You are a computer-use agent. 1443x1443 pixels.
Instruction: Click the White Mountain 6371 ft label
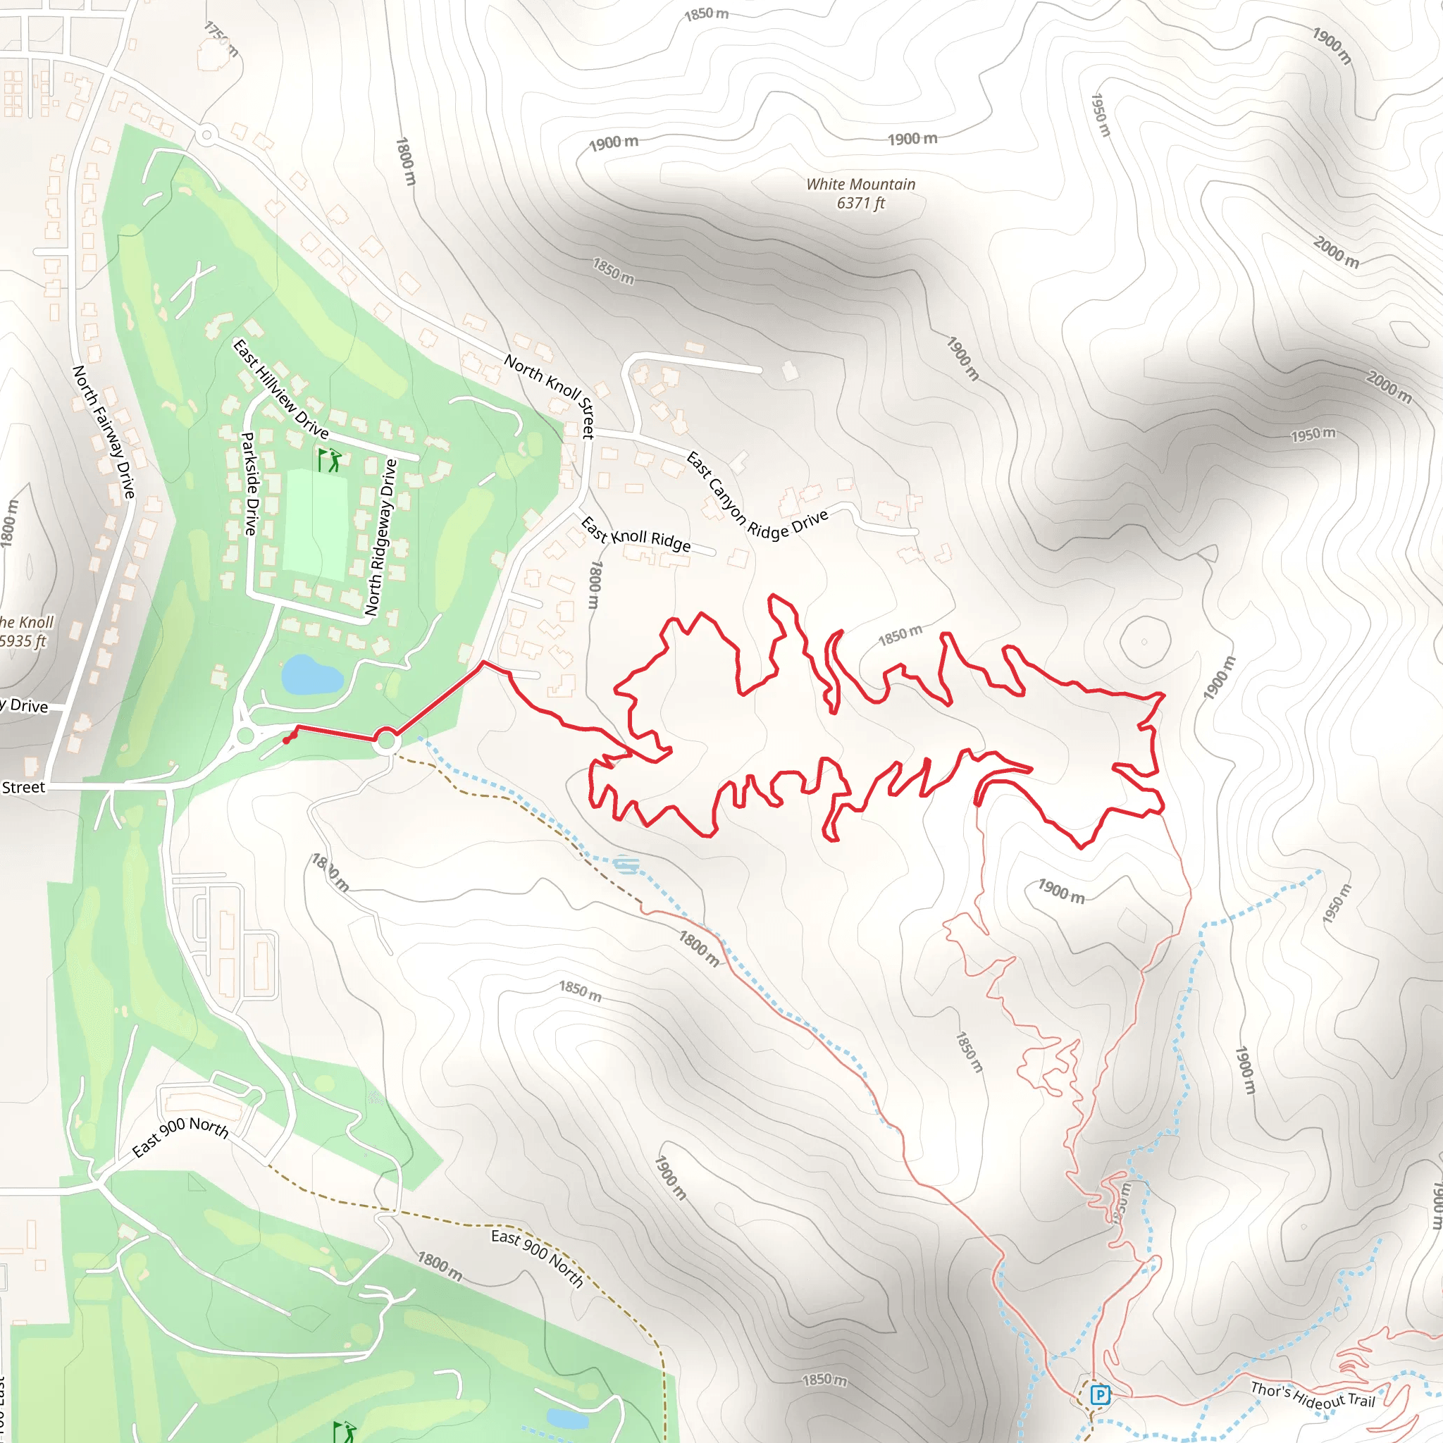tap(860, 194)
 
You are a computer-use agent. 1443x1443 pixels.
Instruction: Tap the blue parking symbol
tap(1099, 1394)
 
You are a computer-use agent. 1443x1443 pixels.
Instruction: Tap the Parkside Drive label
tap(250, 483)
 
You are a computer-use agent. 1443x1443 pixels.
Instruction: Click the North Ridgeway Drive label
tap(381, 537)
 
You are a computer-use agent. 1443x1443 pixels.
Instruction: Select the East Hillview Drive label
tap(281, 388)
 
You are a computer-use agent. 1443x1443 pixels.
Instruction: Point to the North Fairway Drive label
tap(104, 432)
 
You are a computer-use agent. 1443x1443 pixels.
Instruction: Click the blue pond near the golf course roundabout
tap(310, 674)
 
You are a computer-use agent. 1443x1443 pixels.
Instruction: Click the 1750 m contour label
tap(222, 39)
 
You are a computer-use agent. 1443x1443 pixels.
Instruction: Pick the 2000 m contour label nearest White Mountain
tap(1335, 252)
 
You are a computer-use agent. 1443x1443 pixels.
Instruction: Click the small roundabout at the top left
tap(207, 136)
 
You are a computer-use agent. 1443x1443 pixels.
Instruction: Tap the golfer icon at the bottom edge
tap(345, 1431)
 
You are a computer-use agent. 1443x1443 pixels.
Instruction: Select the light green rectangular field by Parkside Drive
tap(316, 524)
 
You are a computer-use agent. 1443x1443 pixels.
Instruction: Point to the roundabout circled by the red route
tap(386, 741)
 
